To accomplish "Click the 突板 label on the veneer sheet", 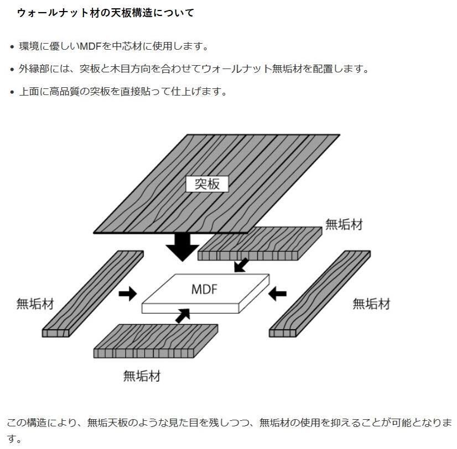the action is (x=207, y=184).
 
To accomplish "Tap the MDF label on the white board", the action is (x=205, y=289).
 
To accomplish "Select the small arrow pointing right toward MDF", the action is (x=128, y=293).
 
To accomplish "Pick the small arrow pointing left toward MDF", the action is (x=277, y=293).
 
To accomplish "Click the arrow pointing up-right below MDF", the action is (x=182, y=316).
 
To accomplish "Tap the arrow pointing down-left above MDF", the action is (x=242, y=265).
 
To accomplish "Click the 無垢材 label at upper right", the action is (x=344, y=224).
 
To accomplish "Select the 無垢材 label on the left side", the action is (x=35, y=304).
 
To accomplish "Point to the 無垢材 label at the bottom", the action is (x=142, y=377).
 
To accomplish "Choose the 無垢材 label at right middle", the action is (x=371, y=304).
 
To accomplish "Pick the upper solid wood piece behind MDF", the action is (x=260, y=243).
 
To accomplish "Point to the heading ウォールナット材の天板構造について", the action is (x=106, y=13).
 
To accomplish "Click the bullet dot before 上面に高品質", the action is (x=12, y=92).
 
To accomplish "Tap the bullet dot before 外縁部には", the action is (x=12, y=70).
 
